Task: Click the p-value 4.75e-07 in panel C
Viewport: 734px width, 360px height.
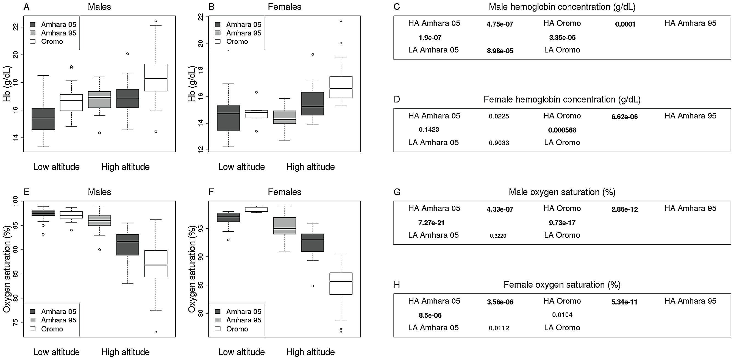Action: pyautogui.click(x=500, y=24)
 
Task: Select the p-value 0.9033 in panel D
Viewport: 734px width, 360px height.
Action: pyautogui.click(x=499, y=143)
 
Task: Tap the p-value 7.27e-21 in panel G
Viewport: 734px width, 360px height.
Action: pyautogui.click(x=431, y=223)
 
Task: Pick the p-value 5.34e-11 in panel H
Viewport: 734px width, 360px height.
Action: pyautogui.click(x=624, y=302)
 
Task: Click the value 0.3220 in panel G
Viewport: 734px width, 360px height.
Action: pyautogui.click(x=498, y=236)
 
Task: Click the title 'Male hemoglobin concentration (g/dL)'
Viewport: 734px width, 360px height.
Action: pyautogui.click(x=562, y=7)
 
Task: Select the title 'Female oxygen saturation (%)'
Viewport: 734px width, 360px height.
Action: pyautogui.click(x=562, y=284)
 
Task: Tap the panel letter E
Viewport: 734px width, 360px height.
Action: pyautogui.click(x=26, y=192)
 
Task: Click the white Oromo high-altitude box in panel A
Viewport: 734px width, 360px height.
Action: pyautogui.click(x=155, y=77)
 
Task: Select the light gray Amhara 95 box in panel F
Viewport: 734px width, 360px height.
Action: pyautogui.click(x=284, y=225)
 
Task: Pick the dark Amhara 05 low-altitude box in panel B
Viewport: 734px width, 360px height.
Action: pyautogui.click(x=228, y=118)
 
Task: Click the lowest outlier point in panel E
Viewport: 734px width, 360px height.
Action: pyautogui.click(x=156, y=332)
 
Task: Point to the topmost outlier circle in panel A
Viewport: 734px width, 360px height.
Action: pyautogui.click(x=156, y=21)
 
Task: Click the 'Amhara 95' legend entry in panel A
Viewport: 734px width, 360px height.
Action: pyautogui.click(x=59, y=33)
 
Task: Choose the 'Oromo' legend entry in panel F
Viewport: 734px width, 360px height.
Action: pyautogui.click(x=237, y=329)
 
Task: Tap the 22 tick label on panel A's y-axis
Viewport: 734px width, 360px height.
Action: pyautogui.click(x=16, y=27)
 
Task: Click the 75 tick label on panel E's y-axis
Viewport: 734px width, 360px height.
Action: pyautogui.click(x=16, y=322)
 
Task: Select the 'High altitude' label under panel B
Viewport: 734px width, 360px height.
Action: pyautogui.click(x=310, y=167)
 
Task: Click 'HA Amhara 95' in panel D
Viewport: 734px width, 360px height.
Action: pyautogui.click(x=690, y=116)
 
